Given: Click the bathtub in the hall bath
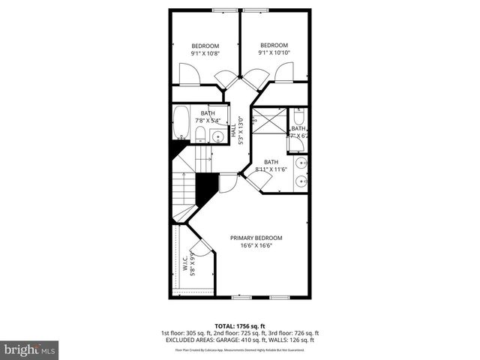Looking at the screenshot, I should [181, 122].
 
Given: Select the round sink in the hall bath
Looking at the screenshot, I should [217, 136].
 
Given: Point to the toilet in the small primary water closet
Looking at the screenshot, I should [298, 118].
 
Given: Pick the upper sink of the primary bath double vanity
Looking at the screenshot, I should [301, 162].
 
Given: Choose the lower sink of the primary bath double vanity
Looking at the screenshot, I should [301, 180].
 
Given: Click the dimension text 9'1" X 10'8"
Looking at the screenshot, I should [205, 53].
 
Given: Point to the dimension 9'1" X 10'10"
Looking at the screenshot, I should [273, 52].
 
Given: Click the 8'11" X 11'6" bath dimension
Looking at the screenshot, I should [271, 169].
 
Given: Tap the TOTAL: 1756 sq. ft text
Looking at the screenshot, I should [239, 326].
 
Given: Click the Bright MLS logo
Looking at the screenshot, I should [30, 349].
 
